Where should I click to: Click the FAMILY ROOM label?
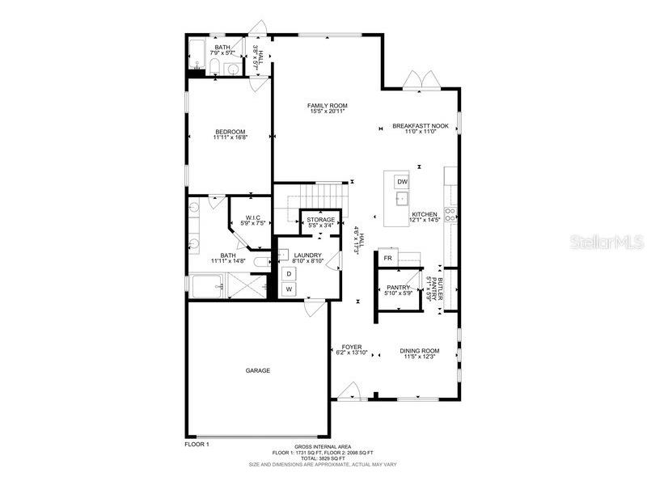(327, 106)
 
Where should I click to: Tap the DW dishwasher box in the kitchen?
(402, 182)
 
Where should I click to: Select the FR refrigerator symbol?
(388, 258)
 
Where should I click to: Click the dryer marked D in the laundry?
(289, 274)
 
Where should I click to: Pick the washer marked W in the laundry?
(289, 289)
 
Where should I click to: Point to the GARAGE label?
(258, 370)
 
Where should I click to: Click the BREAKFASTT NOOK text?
(420, 126)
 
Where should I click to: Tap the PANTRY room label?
(399, 287)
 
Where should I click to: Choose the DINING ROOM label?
(420, 351)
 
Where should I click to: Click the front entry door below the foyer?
(349, 393)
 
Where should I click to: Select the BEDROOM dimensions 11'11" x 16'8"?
(230, 137)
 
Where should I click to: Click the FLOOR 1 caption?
(197, 445)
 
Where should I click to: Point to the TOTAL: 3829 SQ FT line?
(323, 458)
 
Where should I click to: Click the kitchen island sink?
(402, 198)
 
